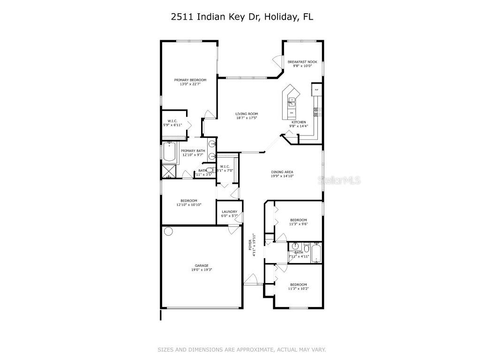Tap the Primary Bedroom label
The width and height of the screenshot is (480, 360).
tap(190, 80)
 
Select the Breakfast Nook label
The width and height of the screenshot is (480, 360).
tap(302, 62)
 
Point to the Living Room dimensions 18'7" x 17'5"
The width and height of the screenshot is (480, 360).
tap(247, 119)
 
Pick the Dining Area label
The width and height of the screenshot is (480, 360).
tap(282, 172)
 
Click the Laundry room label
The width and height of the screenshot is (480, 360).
tap(229, 211)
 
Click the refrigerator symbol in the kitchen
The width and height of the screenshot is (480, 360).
tap(316, 90)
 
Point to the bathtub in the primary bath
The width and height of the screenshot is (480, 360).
tap(169, 153)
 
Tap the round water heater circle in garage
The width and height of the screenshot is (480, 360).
tap(168, 231)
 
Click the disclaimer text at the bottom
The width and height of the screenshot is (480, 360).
tap(241, 349)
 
